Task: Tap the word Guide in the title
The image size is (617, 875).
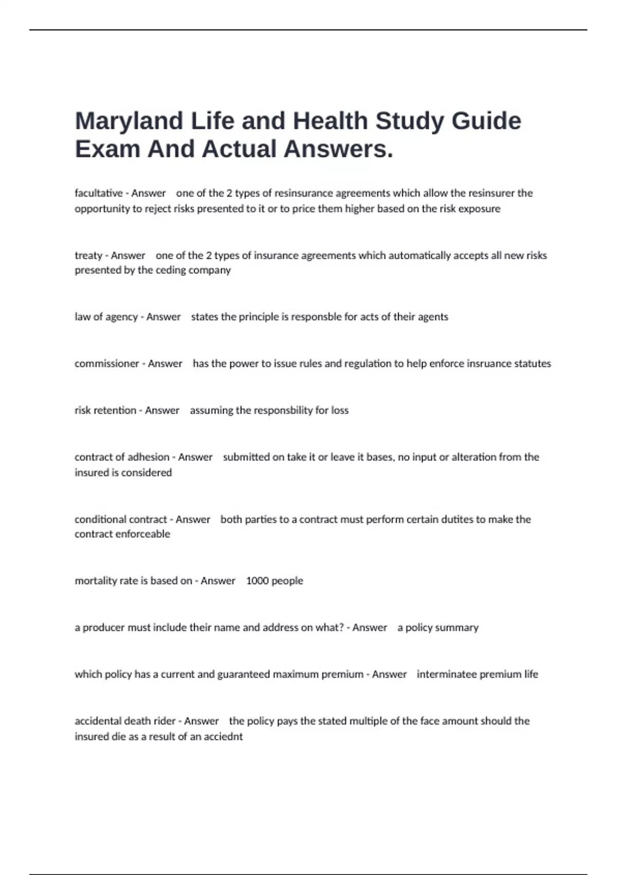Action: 486,121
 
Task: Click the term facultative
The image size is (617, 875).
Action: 99,193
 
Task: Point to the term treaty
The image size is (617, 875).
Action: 88,256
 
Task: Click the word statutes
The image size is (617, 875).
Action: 533,364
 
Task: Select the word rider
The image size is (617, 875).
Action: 165,721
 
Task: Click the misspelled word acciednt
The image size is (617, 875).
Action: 224,737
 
